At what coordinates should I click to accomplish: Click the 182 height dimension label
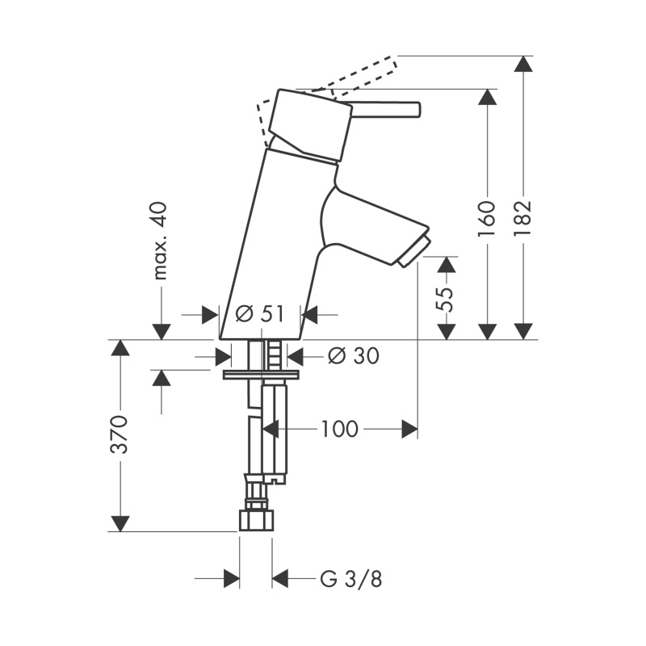click(x=523, y=218)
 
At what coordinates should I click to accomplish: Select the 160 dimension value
click(x=487, y=218)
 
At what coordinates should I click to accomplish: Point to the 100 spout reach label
click(x=339, y=430)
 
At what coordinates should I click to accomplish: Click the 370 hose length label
click(x=120, y=434)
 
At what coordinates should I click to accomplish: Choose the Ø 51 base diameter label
click(x=260, y=314)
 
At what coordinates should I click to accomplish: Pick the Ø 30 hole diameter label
click(x=354, y=356)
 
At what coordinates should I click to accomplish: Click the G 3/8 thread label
click(x=351, y=579)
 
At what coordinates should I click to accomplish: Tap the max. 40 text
click(x=161, y=241)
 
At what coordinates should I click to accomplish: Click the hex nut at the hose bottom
click(x=256, y=520)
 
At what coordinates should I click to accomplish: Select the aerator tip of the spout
click(x=414, y=251)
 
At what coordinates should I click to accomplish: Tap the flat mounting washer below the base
click(x=261, y=375)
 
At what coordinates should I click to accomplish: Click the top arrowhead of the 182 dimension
click(x=523, y=64)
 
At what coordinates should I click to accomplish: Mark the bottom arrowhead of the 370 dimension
click(x=120, y=523)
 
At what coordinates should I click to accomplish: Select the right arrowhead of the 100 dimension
click(x=409, y=430)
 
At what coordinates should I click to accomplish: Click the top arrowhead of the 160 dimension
click(x=487, y=98)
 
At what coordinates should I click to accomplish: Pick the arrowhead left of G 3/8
click(x=232, y=579)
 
